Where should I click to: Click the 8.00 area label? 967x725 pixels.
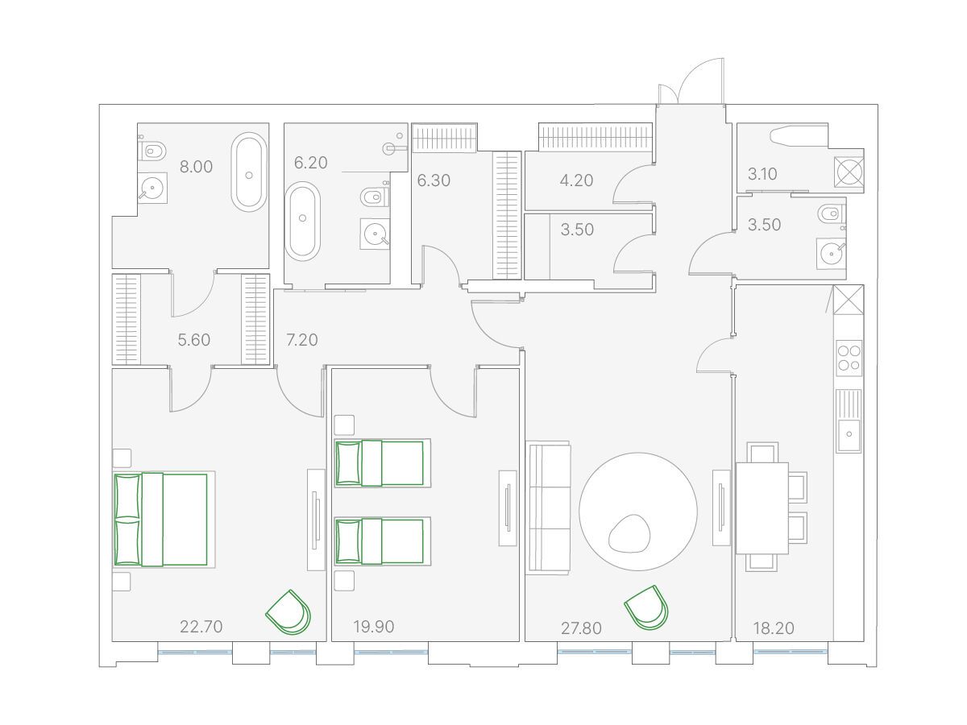(x=196, y=167)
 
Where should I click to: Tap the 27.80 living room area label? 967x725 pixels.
(x=581, y=628)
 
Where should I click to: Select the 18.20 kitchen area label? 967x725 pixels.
(x=774, y=628)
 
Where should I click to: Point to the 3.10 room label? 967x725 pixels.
(x=762, y=174)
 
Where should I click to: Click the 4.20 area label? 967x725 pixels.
(x=576, y=180)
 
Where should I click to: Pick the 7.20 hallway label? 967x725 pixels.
(x=301, y=340)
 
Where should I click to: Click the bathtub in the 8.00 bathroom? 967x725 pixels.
(x=249, y=172)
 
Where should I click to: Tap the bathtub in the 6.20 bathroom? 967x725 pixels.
(x=302, y=222)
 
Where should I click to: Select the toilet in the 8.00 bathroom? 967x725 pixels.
(x=152, y=151)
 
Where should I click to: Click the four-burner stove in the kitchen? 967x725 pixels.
(x=849, y=358)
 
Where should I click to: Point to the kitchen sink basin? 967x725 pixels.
(x=849, y=435)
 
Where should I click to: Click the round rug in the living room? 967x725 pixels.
(x=638, y=512)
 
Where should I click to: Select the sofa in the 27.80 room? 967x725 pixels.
(x=549, y=508)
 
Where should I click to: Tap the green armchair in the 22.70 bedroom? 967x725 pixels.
(x=289, y=612)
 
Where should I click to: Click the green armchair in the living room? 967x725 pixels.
(x=647, y=607)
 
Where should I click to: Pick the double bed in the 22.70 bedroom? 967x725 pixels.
(x=164, y=520)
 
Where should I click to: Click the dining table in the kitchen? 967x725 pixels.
(x=762, y=508)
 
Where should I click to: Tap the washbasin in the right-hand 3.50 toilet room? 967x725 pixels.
(x=832, y=254)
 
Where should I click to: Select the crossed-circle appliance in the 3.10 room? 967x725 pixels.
(x=849, y=171)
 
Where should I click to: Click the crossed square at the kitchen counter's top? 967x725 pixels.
(x=849, y=300)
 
